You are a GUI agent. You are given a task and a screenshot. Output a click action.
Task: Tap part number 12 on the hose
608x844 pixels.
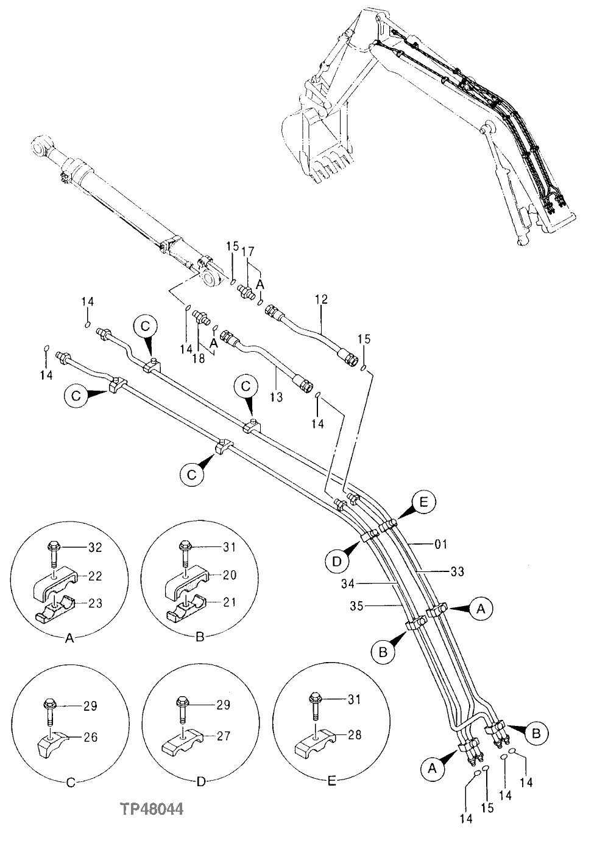click(x=322, y=299)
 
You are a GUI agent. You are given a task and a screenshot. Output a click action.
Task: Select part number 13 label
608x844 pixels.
click(x=276, y=397)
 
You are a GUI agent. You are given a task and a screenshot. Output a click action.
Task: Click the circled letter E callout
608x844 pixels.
click(x=424, y=503)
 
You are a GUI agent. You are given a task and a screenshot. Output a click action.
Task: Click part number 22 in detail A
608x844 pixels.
click(x=95, y=575)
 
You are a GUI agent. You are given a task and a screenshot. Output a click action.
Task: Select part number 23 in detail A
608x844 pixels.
click(x=95, y=603)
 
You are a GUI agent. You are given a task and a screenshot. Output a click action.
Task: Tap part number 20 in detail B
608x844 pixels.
click(x=228, y=575)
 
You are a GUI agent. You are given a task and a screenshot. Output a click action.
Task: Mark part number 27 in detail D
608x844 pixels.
click(x=223, y=735)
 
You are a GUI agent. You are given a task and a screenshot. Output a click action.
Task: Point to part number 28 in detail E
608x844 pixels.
click(x=354, y=735)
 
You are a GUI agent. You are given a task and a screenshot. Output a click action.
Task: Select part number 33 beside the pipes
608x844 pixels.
click(x=457, y=571)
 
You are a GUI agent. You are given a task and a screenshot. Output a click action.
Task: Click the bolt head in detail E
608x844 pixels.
click(x=315, y=696)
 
